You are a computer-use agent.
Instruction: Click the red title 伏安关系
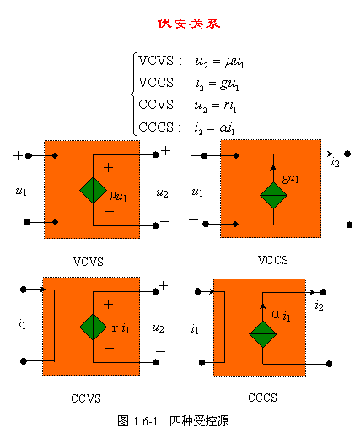[189, 24]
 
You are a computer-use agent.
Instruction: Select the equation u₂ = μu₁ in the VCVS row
[219, 62]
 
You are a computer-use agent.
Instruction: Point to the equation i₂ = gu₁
[218, 84]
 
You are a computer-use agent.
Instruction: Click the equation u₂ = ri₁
[215, 106]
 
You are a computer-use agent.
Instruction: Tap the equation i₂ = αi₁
[214, 128]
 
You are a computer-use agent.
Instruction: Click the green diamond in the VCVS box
[93, 190]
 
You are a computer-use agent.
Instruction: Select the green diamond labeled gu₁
[273, 195]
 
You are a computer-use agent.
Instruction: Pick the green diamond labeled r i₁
[93, 327]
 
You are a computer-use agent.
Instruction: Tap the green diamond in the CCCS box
[263, 334]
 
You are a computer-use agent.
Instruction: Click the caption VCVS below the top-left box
[89, 262]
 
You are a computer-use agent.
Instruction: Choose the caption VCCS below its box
[273, 260]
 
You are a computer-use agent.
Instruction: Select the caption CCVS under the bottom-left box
[86, 398]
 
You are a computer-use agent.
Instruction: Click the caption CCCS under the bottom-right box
[262, 398]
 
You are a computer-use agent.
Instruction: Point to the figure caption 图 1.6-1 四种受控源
[173, 421]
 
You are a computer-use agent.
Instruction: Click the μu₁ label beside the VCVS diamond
[118, 196]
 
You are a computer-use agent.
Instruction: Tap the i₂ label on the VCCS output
[335, 163]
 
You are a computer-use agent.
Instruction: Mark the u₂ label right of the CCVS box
[158, 328]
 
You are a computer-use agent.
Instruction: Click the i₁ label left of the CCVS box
[22, 324]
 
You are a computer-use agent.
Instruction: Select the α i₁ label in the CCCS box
[281, 315]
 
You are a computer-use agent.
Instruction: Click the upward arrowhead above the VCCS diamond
[273, 168]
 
